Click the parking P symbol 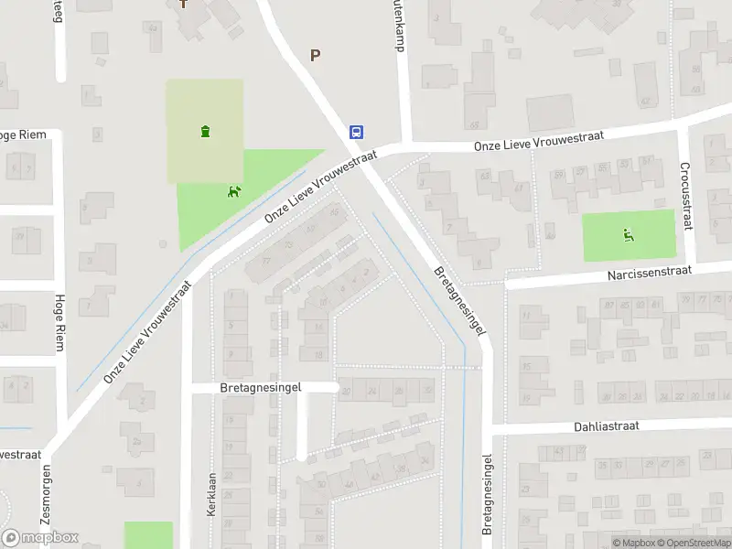coord(316,55)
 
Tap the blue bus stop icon coord(356,132)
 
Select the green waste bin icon coord(204,131)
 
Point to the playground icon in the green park coord(628,234)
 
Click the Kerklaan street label coord(211,493)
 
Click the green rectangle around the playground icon coord(629,235)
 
